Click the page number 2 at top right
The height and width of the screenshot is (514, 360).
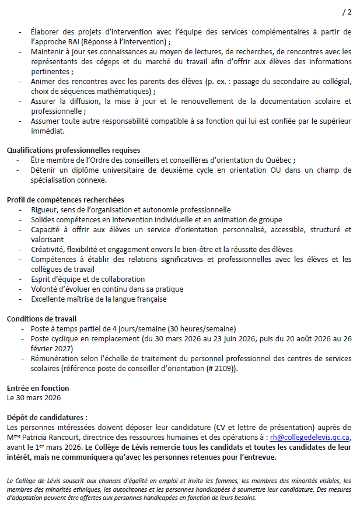pos(349,12)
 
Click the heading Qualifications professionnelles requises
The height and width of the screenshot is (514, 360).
pos(73,151)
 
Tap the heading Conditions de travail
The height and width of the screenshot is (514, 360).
pos(41,319)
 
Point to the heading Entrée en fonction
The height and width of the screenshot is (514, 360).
pos(37,388)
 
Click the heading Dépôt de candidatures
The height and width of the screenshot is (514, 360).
pos(47,418)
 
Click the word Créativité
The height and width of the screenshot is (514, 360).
pos(50,250)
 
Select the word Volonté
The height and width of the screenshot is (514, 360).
pos(47,289)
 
